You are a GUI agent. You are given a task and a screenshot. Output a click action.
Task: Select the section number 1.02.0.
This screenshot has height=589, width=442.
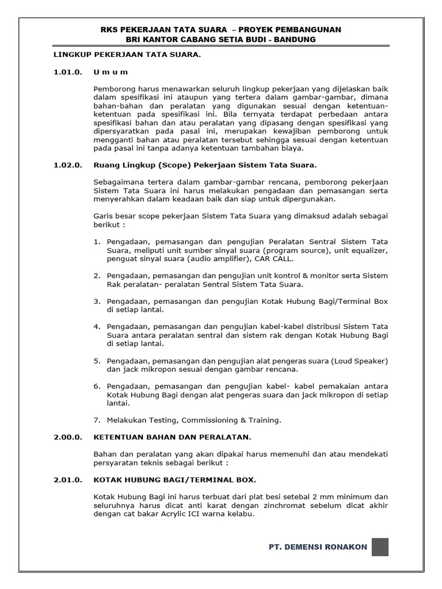(x=68, y=166)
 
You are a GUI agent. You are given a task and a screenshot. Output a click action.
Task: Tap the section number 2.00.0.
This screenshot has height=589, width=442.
(x=68, y=437)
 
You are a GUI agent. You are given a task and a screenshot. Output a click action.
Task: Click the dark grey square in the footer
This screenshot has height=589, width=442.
(x=380, y=547)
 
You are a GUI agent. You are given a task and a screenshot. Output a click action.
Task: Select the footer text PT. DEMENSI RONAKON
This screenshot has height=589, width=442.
(x=318, y=547)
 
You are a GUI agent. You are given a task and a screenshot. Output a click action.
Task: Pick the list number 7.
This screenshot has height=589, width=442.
(x=97, y=420)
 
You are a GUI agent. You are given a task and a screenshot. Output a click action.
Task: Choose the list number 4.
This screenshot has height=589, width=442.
(x=97, y=326)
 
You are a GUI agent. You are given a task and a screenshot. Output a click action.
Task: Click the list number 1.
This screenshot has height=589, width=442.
(x=97, y=243)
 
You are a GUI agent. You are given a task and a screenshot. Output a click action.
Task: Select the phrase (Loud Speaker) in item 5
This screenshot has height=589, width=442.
(x=360, y=360)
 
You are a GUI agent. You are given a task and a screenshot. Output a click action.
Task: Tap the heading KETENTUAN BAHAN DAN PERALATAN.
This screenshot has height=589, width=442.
(x=173, y=437)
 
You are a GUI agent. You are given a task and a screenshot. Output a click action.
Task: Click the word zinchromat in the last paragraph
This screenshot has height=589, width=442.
(x=270, y=506)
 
